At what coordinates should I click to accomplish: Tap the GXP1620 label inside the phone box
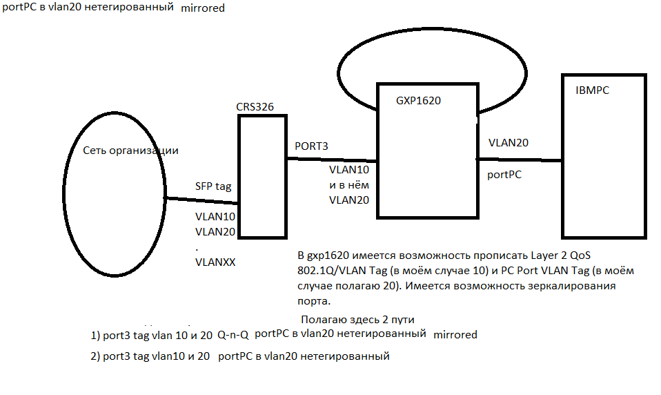point(418,100)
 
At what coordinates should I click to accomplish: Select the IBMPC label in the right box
point(592,91)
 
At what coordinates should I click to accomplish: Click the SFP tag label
point(214,186)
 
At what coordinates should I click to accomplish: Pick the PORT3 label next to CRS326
point(311,146)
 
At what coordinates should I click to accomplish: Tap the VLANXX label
point(215,262)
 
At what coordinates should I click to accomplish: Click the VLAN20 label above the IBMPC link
point(509,143)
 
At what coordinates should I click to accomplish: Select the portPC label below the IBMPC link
point(504,175)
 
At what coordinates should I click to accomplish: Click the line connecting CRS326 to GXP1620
point(331,160)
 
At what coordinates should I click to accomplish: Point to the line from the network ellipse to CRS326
point(200,201)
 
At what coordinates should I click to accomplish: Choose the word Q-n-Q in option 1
point(233,334)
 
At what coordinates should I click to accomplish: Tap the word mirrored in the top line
point(203,10)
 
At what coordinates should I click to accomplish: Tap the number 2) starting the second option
point(95,356)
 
